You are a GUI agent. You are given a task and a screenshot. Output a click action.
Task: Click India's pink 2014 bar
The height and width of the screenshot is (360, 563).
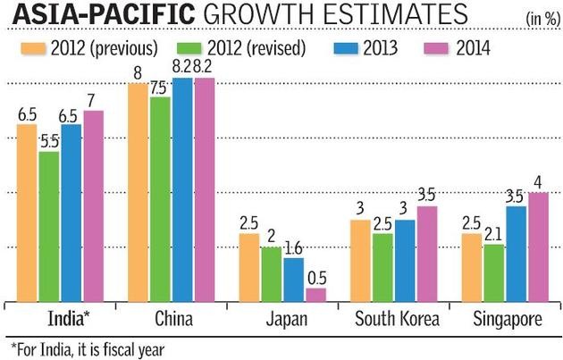point(93,205)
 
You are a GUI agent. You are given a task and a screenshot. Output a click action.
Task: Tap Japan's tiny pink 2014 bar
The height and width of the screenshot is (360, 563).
point(315,294)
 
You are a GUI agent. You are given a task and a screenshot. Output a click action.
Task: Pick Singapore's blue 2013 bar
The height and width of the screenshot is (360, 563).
point(517,254)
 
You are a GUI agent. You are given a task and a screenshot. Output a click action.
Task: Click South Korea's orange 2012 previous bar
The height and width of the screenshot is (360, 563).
point(359,260)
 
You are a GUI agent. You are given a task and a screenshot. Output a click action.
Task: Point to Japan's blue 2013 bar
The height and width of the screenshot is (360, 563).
point(293,279)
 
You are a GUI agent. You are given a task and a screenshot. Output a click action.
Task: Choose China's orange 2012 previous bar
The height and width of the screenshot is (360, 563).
point(138,192)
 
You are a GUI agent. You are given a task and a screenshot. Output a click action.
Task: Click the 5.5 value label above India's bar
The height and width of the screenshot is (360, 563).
point(49,141)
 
